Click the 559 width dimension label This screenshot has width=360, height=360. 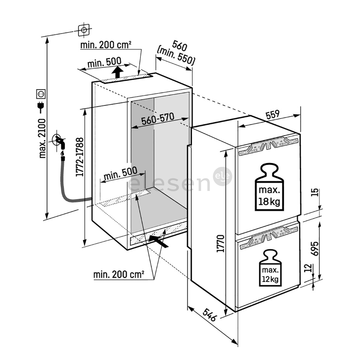272,115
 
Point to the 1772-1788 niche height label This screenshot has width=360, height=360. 79,157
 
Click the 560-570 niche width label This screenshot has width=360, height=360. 157,119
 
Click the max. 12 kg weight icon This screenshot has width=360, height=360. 270,269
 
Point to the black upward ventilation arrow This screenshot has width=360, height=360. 117,72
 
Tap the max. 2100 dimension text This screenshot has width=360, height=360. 42,138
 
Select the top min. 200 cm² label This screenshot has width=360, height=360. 106,44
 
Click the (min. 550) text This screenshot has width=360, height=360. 176,55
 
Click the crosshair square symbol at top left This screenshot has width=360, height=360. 83,30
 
